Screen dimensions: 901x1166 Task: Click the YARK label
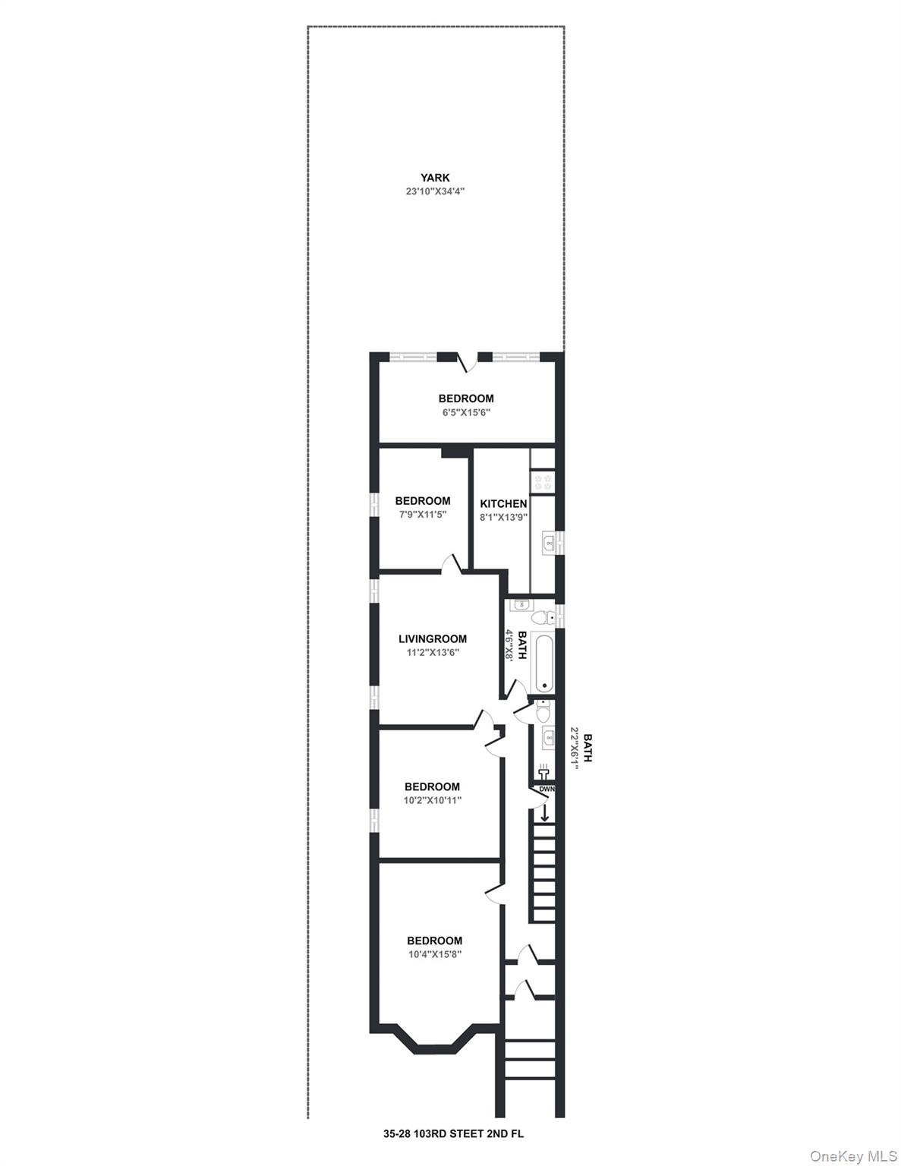click(x=435, y=177)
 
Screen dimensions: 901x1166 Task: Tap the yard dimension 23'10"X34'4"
click(x=435, y=191)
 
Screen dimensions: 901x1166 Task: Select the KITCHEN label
click(x=503, y=504)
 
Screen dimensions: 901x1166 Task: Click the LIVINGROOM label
click(x=432, y=638)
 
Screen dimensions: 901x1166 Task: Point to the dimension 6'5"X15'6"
click(x=465, y=413)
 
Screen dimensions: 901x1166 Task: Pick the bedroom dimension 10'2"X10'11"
click(x=433, y=800)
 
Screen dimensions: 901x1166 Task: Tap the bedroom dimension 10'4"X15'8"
click(x=434, y=954)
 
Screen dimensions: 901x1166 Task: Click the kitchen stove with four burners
click(x=542, y=481)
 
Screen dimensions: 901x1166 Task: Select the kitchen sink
click(x=549, y=543)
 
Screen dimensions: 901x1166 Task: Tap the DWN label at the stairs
click(x=547, y=789)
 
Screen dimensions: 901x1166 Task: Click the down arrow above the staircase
click(x=545, y=811)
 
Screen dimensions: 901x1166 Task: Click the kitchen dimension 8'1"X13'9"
click(x=503, y=517)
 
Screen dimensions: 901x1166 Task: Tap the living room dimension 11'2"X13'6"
click(x=432, y=653)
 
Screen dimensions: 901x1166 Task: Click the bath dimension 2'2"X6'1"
click(x=574, y=748)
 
